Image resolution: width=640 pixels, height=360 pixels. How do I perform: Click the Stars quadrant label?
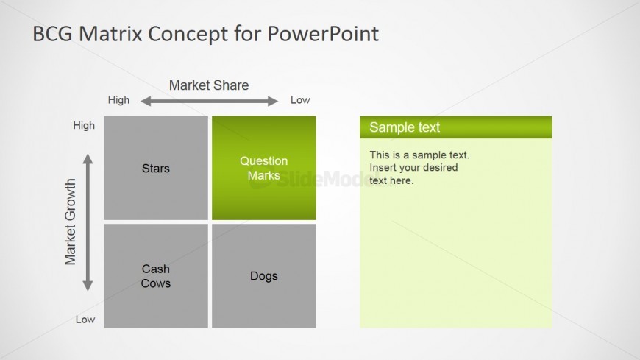[x=155, y=169]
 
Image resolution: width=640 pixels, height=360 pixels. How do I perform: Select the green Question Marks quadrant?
[x=263, y=168]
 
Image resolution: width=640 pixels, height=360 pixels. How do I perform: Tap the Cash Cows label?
[x=155, y=276]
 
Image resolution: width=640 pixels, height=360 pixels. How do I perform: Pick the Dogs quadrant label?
[x=263, y=276]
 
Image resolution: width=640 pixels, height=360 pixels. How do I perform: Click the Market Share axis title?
[x=209, y=85]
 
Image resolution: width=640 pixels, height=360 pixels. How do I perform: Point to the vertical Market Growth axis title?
[x=70, y=222]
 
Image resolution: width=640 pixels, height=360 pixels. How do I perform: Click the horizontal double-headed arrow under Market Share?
[x=209, y=101]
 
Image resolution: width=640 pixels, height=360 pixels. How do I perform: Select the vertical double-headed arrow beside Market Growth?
[x=88, y=222]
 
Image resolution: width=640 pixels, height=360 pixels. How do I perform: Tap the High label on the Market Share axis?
[x=118, y=100]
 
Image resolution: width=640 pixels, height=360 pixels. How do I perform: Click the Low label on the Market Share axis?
[x=300, y=100]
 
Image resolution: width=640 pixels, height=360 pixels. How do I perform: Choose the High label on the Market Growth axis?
[x=84, y=125]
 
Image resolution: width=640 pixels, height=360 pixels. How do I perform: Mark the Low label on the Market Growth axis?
[x=85, y=320]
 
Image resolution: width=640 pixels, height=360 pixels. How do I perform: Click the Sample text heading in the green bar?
[x=405, y=127]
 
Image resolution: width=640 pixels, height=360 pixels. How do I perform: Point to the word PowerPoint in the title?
[x=323, y=34]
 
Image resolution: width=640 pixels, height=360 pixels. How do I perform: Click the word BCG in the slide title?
[x=52, y=34]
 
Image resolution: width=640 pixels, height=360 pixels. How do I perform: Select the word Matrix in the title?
[x=110, y=34]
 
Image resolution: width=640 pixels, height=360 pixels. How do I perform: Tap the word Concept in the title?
[x=188, y=35]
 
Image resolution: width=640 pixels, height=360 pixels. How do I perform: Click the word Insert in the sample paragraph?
[x=383, y=168]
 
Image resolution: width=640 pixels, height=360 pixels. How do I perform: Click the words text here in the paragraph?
[x=391, y=180]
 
